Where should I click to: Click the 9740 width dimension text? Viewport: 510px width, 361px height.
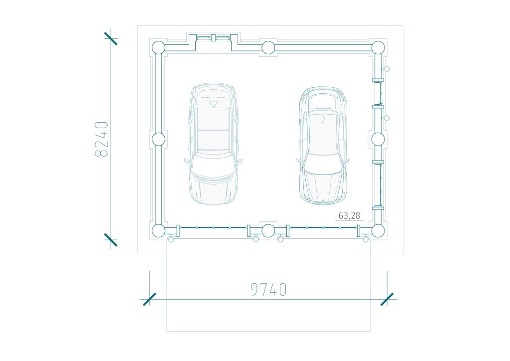point(268,289)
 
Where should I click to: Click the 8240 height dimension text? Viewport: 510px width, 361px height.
point(101,139)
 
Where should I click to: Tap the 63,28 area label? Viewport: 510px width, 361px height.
point(349,215)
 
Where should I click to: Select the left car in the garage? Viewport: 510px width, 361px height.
point(213,144)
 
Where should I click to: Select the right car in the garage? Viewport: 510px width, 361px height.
point(323,145)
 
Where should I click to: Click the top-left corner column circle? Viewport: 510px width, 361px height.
point(159,48)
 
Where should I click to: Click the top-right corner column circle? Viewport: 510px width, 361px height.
point(378,48)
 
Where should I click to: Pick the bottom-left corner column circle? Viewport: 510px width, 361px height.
point(159,231)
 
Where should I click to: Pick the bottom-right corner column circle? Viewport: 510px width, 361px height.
point(378,231)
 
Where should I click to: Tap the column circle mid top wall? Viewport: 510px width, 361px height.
point(268,48)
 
